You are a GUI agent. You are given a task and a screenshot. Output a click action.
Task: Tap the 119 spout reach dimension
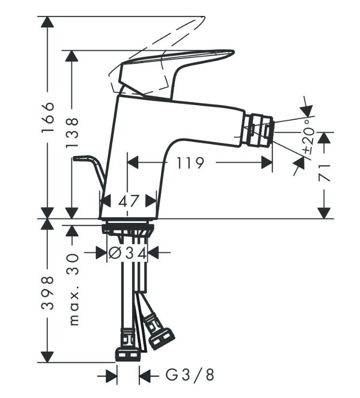pos(189,163)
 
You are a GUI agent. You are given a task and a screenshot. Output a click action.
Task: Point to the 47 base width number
pos(128,201)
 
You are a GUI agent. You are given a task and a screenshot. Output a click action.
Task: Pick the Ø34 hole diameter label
pos(127,252)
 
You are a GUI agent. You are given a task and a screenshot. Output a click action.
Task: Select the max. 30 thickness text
pos(73,289)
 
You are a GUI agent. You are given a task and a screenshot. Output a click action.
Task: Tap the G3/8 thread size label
pos(189,375)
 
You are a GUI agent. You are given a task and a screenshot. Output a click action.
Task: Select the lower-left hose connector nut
pos(128,352)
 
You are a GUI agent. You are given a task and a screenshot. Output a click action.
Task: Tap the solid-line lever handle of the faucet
pos(178,63)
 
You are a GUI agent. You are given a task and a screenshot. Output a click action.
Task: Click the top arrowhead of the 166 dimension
pos(47,22)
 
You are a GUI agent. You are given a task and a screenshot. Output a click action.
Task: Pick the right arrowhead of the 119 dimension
pos(267,163)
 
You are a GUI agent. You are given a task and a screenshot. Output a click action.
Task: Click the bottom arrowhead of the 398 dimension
pos(47,357)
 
